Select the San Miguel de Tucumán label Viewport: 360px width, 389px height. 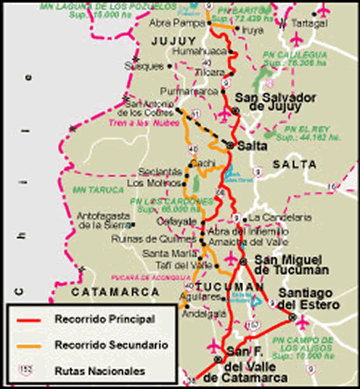tap(292, 264)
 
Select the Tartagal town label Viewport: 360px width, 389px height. tap(319, 24)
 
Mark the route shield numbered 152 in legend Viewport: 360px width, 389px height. tap(26, 371)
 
